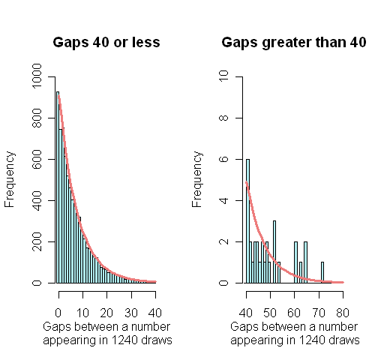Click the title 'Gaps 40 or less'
[106, 42]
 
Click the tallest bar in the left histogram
[58, 187]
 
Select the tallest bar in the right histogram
[247, 221]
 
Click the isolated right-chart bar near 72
[322, 273]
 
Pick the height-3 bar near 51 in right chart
[274, 252]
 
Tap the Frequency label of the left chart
[10, 179]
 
